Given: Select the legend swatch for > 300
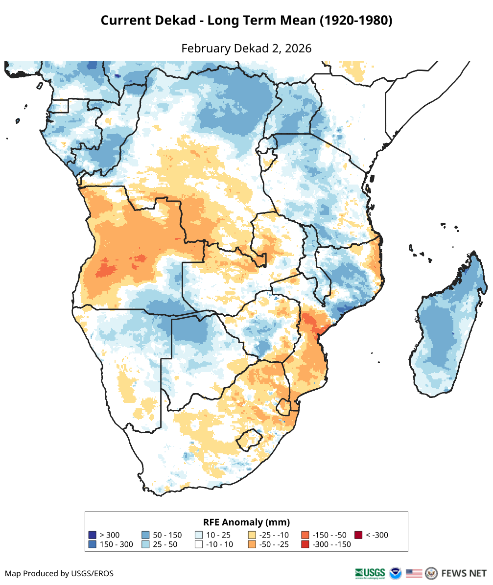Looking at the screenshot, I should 93,535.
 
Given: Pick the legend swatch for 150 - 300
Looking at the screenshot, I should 93,544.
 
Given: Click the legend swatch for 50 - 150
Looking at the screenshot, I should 145,535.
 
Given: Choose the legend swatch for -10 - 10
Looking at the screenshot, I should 199,544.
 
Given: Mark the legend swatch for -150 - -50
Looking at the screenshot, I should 305,535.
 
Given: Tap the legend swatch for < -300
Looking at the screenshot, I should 358,535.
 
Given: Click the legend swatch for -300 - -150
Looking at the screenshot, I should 305,544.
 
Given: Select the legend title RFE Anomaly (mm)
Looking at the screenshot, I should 246,522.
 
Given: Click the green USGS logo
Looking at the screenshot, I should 370,573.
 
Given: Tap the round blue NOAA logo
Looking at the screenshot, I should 395,573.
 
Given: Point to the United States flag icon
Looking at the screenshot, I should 414,573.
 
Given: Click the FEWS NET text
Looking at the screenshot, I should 464,573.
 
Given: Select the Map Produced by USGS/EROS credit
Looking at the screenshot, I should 59,573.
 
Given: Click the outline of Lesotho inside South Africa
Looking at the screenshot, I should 248,440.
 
